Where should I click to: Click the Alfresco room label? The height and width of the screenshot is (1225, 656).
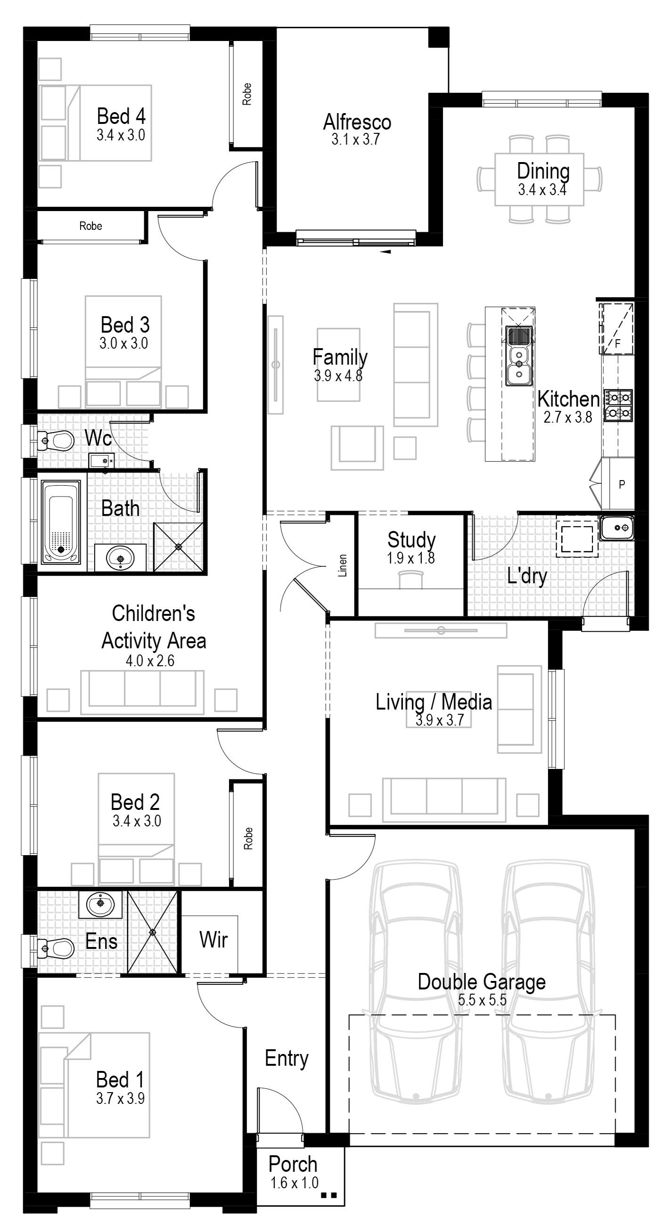tap(357, 122)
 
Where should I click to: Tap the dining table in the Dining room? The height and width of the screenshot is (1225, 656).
tap(539, 180)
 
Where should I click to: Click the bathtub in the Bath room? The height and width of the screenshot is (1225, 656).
tap(60, 522)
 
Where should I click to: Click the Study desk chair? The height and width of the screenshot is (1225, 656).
tap(410, 580)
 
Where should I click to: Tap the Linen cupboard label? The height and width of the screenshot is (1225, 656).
tap(343, 565)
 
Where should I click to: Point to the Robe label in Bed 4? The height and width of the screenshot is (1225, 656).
tap(246, 94)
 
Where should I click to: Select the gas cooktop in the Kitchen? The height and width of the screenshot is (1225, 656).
tap(618, 405)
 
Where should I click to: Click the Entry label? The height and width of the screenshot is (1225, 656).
tap(287, 1059)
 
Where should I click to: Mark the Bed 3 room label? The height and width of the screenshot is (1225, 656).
tap(125, 325)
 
